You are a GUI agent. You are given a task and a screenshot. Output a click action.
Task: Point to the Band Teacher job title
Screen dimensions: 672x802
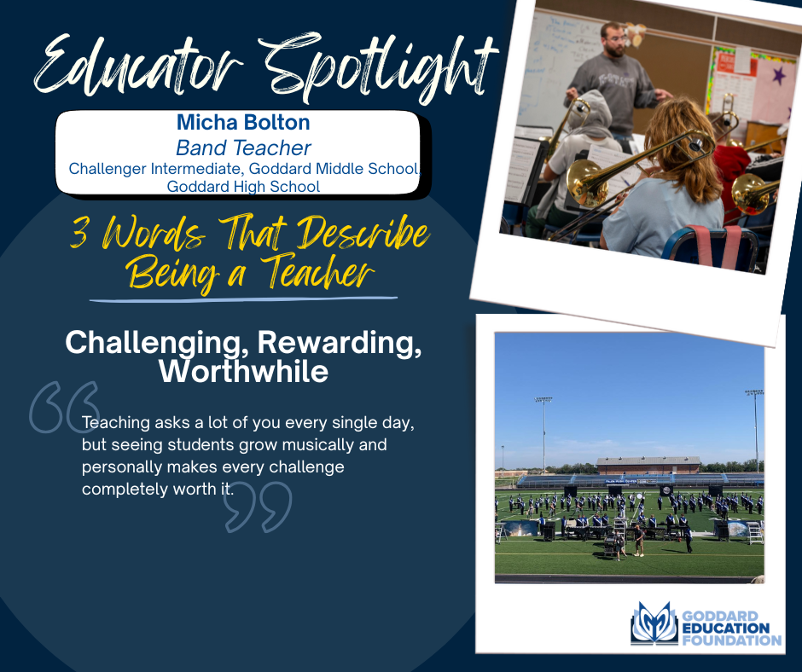[243, 148]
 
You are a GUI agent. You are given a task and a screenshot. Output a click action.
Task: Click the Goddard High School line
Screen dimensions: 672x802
[243, 186]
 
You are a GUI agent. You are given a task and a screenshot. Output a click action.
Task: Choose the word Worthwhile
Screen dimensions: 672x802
[243, 372]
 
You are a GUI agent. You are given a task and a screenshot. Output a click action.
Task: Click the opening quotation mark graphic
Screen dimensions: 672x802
[65, 407]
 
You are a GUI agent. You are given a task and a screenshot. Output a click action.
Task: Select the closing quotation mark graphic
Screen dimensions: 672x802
[257, 507]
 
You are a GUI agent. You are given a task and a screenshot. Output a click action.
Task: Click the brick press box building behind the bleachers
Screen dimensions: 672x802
[648, 465]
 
